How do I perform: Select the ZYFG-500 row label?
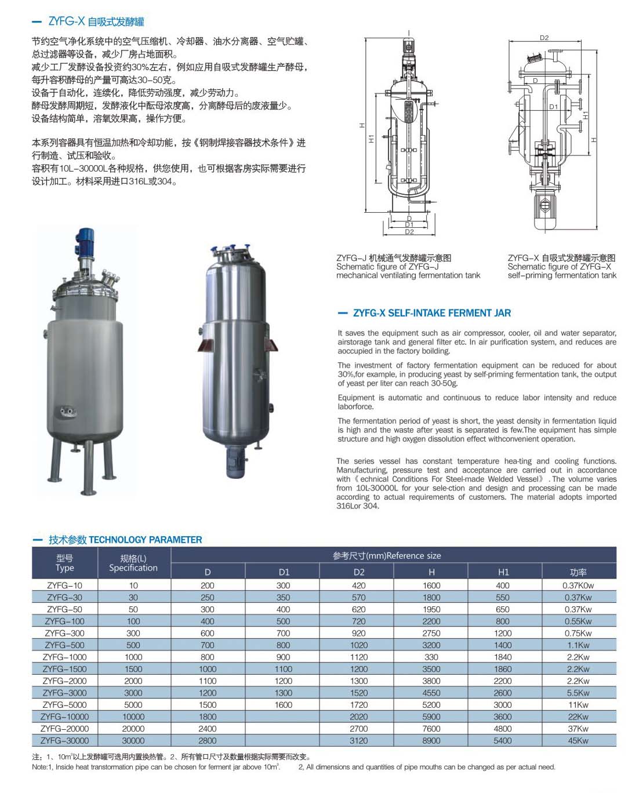tap(64, 645)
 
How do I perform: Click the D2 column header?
tap(359, 572)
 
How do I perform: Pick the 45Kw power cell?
tap(578, 741)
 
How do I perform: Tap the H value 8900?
tap(431, 741)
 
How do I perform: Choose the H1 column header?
tap(503, 572)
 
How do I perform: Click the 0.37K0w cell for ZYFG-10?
tap(578, 585)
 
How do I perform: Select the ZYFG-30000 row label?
tap(64, 741)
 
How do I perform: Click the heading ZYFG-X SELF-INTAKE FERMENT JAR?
tap(432, 313)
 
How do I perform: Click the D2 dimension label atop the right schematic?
tap(544, 38)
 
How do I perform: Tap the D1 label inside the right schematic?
tap(553, 107)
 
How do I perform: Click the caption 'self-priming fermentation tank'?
tap(562, 275)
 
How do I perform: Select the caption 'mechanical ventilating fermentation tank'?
tap(408, 275)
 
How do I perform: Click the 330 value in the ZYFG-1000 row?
tap(431, 657)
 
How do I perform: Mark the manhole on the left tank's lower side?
tap(64, 412)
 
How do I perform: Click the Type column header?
tap(64, 563)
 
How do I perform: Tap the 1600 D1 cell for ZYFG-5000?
tap(284, 705)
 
